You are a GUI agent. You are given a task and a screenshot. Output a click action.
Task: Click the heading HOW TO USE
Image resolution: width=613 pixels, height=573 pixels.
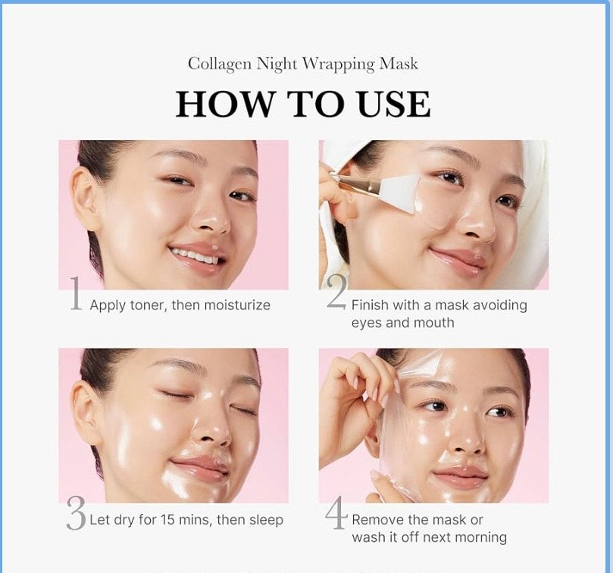303,104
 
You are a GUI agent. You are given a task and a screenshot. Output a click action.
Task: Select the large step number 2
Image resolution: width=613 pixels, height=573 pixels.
337,293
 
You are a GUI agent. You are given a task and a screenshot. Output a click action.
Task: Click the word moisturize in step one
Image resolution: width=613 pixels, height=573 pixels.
231,305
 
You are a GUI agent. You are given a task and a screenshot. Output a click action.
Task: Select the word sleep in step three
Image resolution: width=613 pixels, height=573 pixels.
264,520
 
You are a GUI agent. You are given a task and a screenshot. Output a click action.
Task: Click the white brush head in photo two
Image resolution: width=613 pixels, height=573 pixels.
402,186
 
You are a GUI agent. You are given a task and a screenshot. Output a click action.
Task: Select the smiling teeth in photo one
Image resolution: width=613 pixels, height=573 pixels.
194,255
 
